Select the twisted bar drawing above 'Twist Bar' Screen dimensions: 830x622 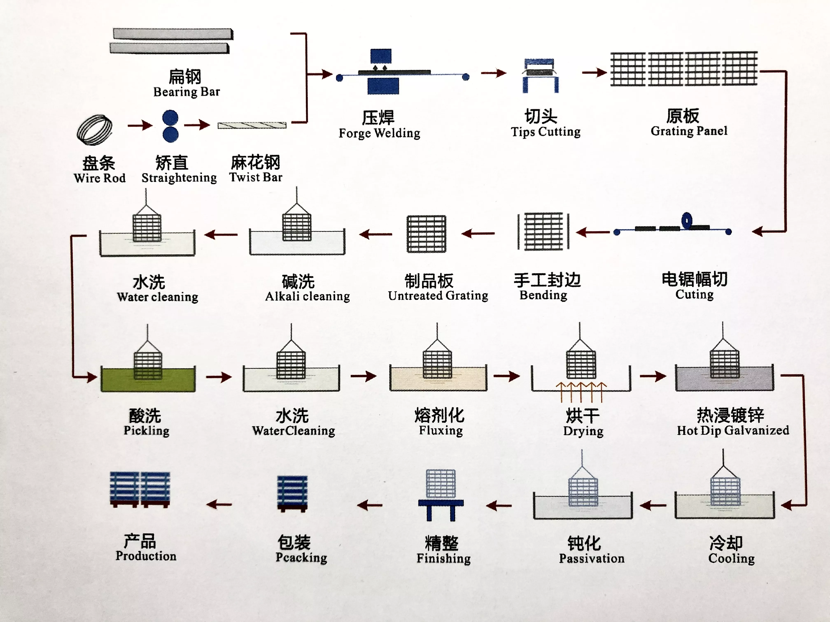252,125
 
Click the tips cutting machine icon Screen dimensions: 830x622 540,75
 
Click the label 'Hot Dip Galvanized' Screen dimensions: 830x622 733,431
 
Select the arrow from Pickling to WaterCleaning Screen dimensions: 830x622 219,377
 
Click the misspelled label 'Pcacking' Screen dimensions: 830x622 301,557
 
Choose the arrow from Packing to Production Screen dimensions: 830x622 219,504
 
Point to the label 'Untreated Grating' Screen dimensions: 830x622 438,296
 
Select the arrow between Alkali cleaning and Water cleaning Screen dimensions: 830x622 221,235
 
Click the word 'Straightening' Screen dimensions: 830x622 179,178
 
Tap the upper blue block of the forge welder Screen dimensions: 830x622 381,56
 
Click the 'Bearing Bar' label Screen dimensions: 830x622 187,92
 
